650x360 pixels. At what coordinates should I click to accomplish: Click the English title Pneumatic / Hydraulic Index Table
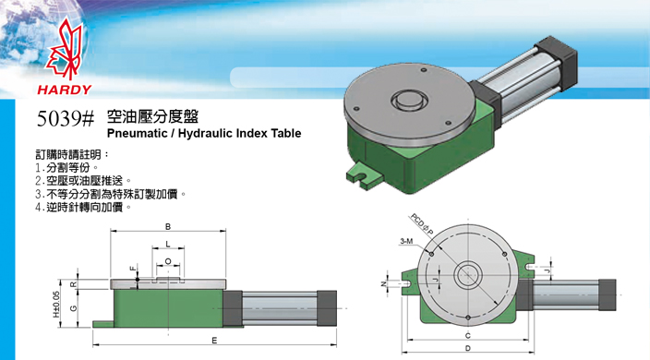204,134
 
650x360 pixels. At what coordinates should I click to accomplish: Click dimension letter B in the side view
167,226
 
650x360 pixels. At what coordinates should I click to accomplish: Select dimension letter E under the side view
214,342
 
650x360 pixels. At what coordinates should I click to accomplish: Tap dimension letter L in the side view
167,244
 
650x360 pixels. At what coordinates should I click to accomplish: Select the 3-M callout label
406,241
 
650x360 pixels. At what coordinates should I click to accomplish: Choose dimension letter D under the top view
470,350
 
